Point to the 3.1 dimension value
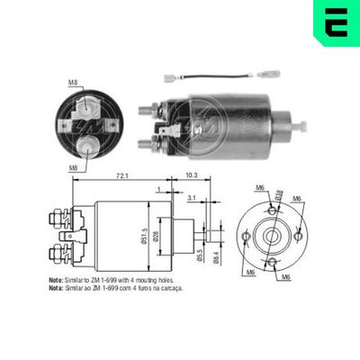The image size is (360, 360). pyautogui.click(x=193, y=196)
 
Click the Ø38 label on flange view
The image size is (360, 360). pyautogui.click(x=279, y=193)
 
